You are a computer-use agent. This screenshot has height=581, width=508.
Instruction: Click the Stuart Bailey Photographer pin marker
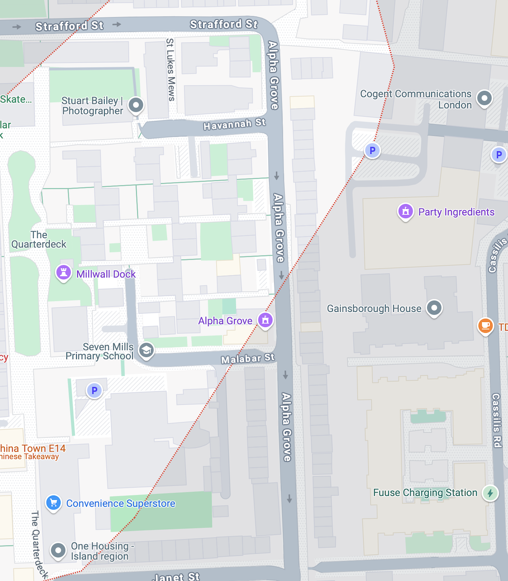136,105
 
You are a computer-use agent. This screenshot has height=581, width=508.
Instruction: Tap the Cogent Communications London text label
416,100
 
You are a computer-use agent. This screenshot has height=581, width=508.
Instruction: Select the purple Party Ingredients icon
405,212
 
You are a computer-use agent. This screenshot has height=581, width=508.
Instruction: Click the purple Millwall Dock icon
63,274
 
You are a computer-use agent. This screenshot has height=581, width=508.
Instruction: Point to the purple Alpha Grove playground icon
265,320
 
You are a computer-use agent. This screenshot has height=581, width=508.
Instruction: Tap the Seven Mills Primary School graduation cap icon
146,350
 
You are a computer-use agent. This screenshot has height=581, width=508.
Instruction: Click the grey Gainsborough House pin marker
434,308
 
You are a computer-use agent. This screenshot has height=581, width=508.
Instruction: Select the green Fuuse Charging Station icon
490,493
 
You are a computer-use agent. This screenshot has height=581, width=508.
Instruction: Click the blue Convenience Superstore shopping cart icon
53,503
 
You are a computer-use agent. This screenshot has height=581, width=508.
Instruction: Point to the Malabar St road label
247,359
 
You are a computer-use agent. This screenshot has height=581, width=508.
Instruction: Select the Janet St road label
176,576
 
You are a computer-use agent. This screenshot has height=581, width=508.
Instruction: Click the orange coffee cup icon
486,326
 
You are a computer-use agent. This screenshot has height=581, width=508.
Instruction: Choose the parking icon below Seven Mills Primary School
93,391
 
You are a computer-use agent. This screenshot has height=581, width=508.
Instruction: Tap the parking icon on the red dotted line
372,150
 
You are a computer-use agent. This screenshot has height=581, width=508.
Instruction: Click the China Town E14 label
33,448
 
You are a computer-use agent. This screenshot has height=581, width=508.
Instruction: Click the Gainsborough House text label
374,308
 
